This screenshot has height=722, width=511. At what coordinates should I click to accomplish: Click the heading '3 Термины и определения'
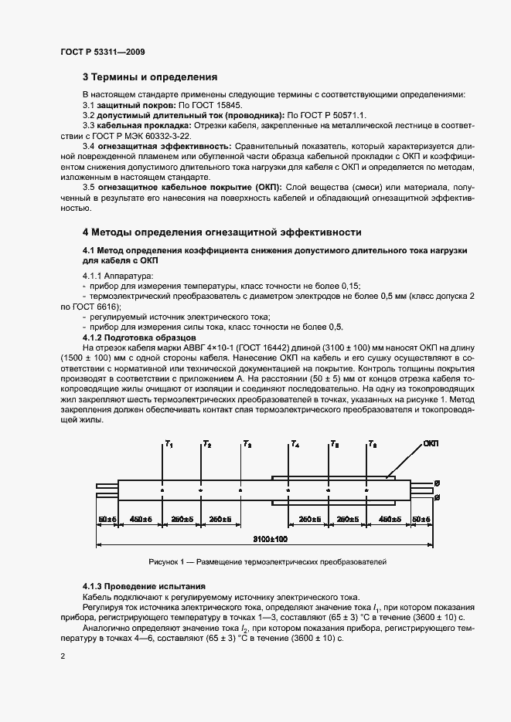[150, 77]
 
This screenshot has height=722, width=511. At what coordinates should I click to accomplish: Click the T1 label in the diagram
[169, 445]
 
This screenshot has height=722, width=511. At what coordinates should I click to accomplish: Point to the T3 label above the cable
[247, 445]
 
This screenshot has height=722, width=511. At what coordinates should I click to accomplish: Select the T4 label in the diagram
[295, 445]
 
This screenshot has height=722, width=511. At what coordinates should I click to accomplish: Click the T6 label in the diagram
[373, 445]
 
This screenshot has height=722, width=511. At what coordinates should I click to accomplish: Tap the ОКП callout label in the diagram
[431, 444]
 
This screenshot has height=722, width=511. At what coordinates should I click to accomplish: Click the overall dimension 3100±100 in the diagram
[271, 537]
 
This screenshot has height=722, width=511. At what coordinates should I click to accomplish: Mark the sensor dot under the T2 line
[200, 490]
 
